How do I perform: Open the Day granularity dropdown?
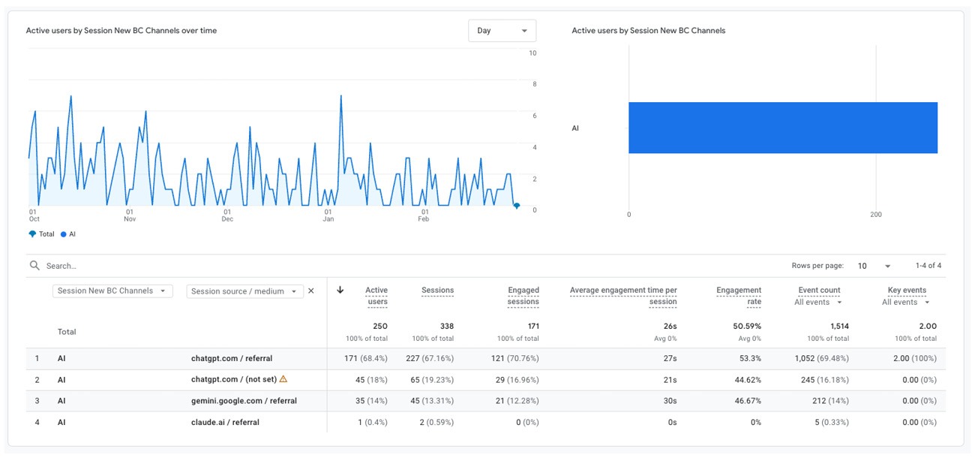tap(502, 31)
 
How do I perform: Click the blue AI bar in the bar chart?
tap(782, 128)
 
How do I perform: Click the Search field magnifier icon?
tap(34, 266)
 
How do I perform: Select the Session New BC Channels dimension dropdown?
tap(112, 291)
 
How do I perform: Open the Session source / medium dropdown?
tap(244, 291)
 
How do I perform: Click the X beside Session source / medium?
tap(311, 291)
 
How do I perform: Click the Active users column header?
tap(376, 296)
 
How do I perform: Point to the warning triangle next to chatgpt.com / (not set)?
tap(283, 379)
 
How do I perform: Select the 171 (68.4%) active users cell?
tap(366, 359)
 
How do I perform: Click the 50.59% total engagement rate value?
tap(747, 327)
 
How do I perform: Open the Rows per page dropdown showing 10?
tap(874, 266)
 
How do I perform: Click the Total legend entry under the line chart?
tap(42, 234)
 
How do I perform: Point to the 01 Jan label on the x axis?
tap(328, 215)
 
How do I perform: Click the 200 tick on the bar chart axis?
tap(876, 215)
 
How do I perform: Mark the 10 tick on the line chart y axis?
tap(532, 53)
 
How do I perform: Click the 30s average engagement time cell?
tap(670, 401)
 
